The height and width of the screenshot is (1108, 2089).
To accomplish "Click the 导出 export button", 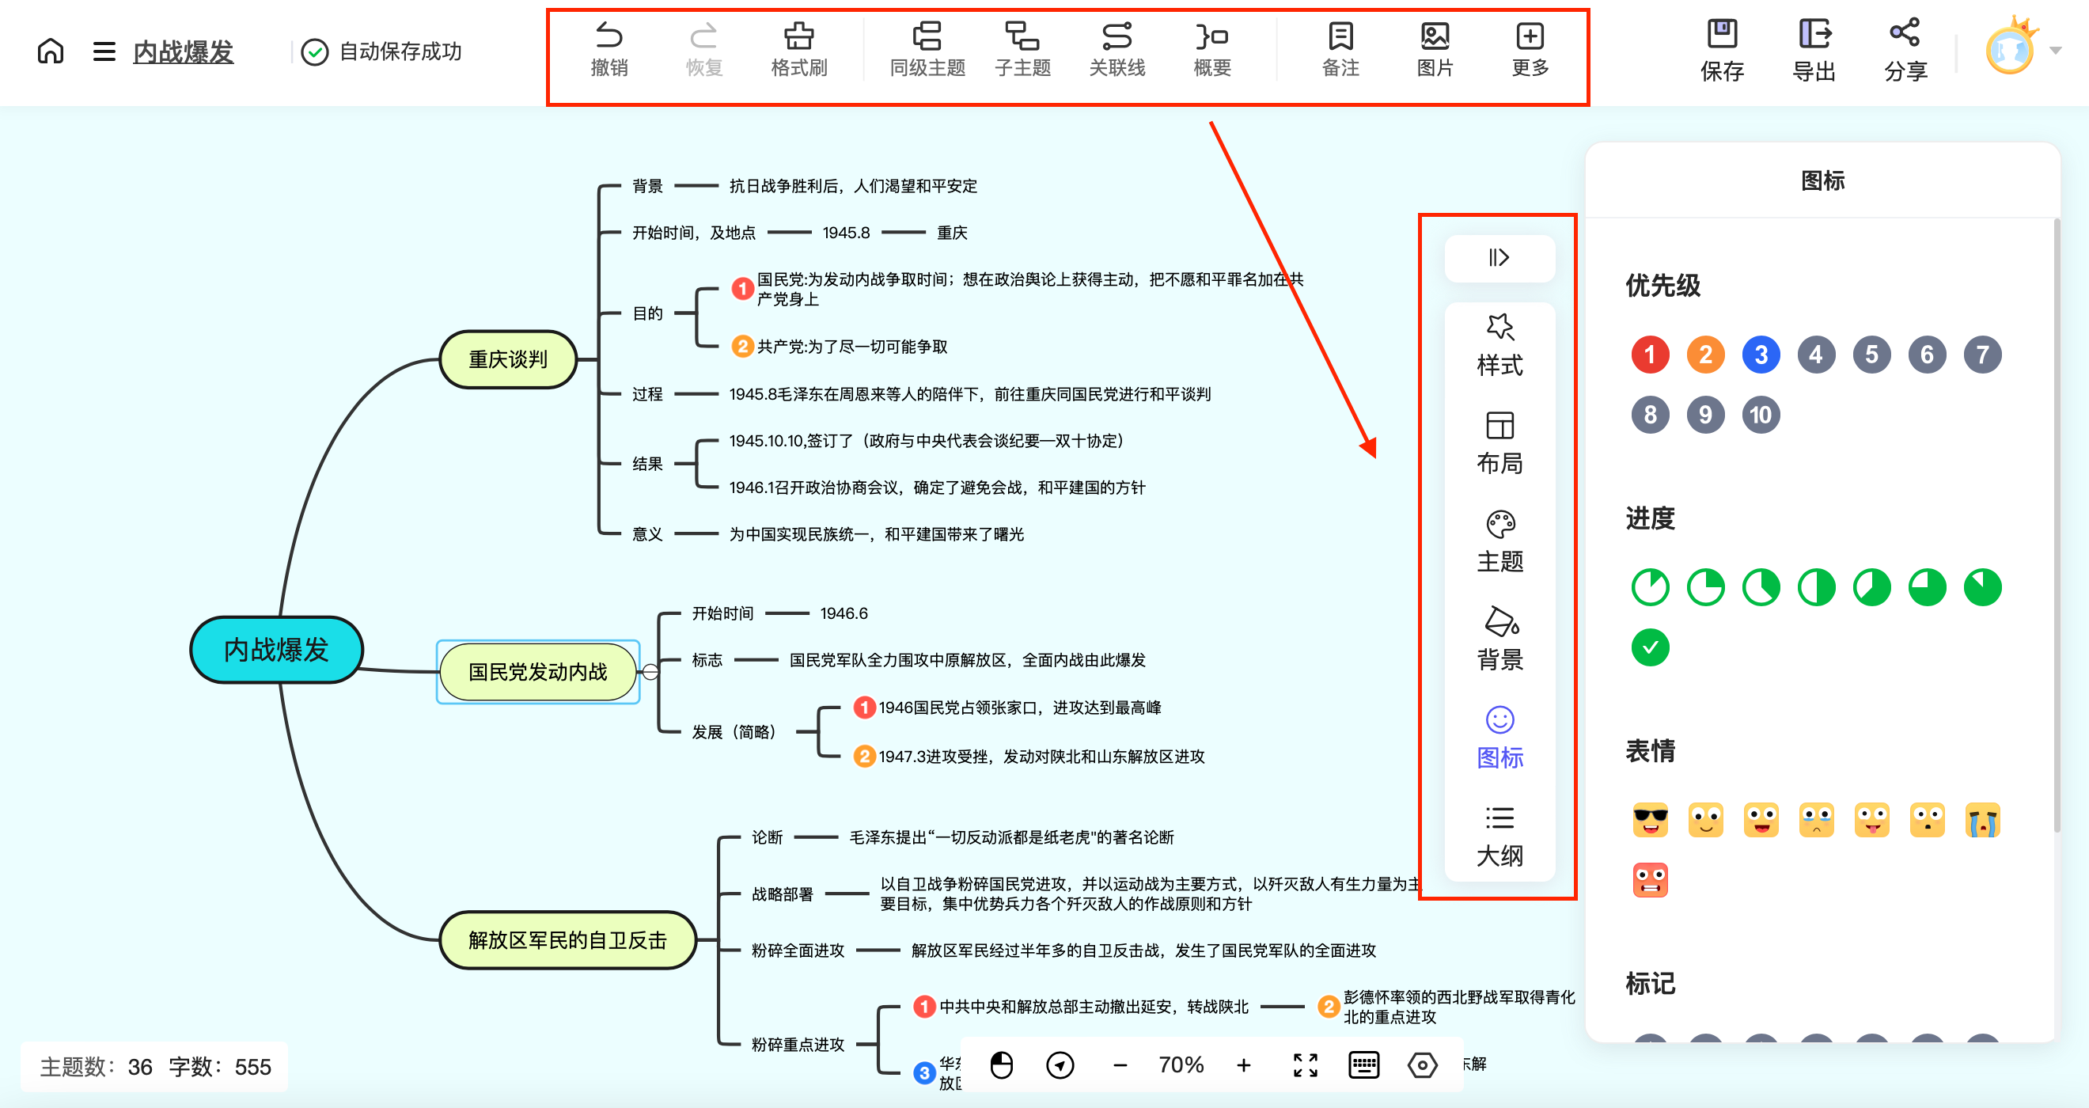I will (1814, 51).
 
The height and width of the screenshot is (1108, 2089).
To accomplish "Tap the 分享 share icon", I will (1905, 51).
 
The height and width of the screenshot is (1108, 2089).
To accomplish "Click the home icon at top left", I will (51, 51).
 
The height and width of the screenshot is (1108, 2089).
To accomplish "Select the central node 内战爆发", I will (276, 650).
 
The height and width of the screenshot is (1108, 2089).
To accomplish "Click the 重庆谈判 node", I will (509, 359).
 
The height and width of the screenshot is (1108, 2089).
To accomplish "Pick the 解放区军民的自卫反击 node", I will (567, 940).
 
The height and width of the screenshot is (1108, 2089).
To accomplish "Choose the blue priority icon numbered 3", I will (1761, 355).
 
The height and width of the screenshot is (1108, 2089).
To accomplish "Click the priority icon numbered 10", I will (1761, 415).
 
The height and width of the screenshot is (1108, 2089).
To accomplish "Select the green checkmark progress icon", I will (1650, 647).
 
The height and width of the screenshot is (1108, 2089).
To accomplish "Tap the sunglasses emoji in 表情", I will (1650, 820).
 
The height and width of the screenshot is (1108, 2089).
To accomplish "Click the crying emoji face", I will (1983, 820).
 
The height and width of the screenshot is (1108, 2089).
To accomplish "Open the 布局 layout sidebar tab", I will (1499, 443).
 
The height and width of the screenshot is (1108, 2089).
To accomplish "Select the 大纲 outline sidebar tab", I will (1499, 836).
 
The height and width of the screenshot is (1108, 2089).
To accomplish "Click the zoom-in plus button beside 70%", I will (1243, 1065).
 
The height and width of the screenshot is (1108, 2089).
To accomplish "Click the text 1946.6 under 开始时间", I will (844, 613).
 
